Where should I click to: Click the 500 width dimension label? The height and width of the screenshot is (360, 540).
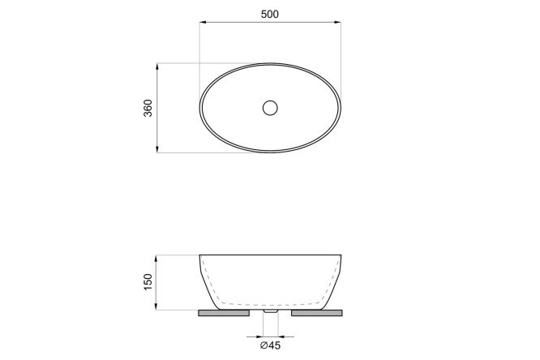pos(270,14)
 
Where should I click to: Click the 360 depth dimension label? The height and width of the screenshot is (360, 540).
pos(148,108)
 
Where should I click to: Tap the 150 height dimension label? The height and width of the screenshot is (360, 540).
pos(148,282)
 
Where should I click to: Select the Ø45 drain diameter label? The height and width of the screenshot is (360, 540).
pos(270,345)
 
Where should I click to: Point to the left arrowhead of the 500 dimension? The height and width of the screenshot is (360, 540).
pos(203,22)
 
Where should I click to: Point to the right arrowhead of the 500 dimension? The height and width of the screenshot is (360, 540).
pos(338,22)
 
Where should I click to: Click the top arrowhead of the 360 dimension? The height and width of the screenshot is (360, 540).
pos(157,66)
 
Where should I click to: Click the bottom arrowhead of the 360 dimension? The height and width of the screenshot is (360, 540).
pos(157,149)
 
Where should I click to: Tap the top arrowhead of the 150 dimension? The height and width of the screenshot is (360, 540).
pos(156,259)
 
